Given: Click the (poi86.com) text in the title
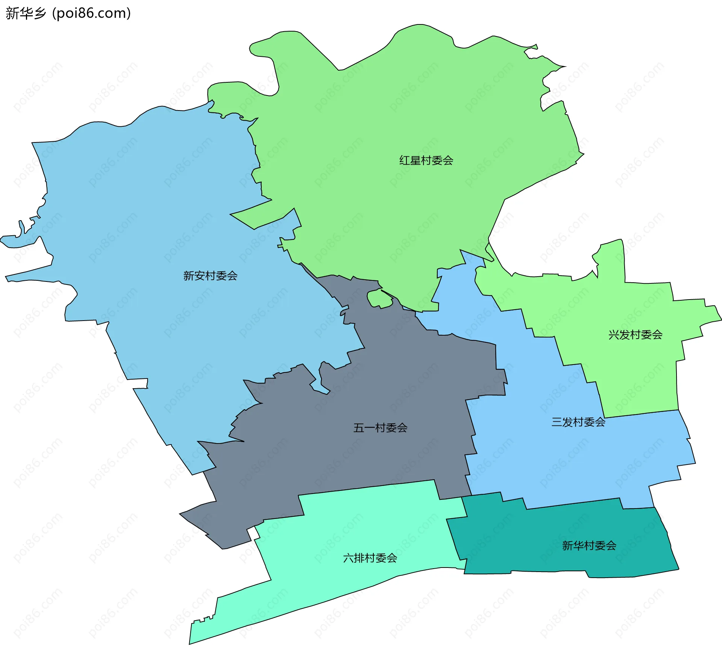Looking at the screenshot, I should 92,13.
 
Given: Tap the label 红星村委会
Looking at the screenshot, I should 426,160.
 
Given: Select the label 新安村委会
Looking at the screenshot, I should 210,276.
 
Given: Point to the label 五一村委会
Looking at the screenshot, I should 380,428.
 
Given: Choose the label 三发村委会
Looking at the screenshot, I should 578,422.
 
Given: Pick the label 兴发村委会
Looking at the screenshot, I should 635,334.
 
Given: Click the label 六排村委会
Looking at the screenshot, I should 370,558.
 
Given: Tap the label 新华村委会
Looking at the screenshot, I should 589,545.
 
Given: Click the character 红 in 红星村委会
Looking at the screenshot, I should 405,160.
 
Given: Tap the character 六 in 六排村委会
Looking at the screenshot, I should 348,558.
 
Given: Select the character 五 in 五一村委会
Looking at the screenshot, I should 359,428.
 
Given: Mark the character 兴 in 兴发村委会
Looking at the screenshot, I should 614,334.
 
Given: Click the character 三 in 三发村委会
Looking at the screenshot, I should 557,422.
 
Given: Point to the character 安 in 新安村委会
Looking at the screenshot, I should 199,276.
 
